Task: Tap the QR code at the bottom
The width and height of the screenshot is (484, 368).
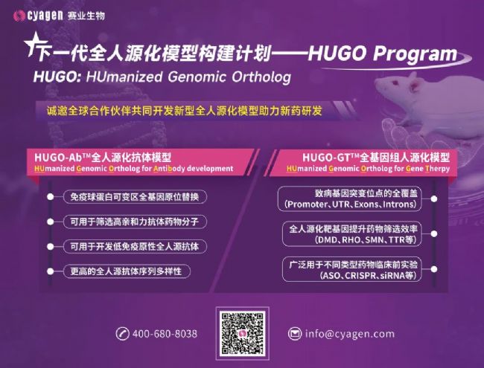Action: pos(241,332)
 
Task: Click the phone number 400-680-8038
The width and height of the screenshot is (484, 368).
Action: pos(165,334)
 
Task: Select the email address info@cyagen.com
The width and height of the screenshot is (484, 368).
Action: pos(349,334)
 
